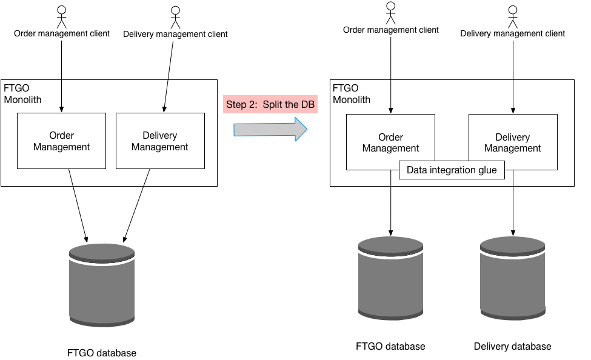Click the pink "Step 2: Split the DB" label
coord(270,104)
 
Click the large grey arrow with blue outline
coord(270,129)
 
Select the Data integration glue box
coord(452,170)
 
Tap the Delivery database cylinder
coord(513,278)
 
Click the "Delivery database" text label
coord(513,347)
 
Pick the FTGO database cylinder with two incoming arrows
coord(102,285)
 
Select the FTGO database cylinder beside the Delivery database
coord(390,278)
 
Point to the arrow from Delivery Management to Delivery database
coord(513,203)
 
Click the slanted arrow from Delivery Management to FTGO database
coord(137,205)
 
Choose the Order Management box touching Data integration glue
coord(390,142)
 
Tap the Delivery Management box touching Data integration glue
coord(513,142)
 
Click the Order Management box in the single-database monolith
coord(61,141)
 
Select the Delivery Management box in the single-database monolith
coord(160,141)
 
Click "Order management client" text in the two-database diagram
coord(391,30)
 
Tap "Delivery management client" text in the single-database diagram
coord(175,34)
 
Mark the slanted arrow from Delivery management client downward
coord(169,76)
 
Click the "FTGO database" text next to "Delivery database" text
coord(390,347)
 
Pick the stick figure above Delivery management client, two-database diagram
coord(513,16)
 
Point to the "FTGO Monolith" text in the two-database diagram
coord(352,94)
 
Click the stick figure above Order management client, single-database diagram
coord(61,17)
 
